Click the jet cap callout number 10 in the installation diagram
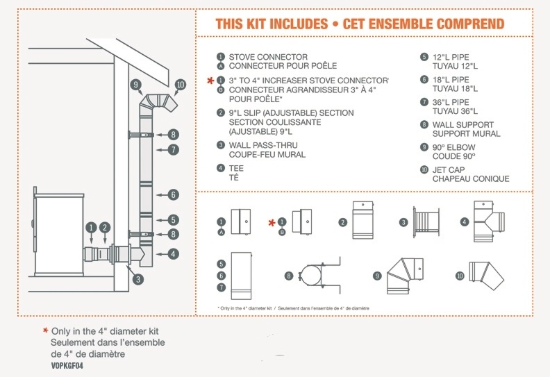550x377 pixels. point(181,85)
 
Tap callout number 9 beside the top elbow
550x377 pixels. point(135,85)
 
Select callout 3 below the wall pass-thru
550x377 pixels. point(138,279)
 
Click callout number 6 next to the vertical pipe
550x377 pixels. point(173,195)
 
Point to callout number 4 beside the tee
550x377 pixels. point(173,254)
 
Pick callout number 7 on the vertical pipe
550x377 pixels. point(173,149)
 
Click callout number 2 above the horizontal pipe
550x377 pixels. point(105,227)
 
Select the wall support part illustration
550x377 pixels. point(312,276)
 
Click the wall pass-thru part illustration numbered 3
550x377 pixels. point(424,221)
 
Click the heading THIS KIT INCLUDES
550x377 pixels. point(268,24)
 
